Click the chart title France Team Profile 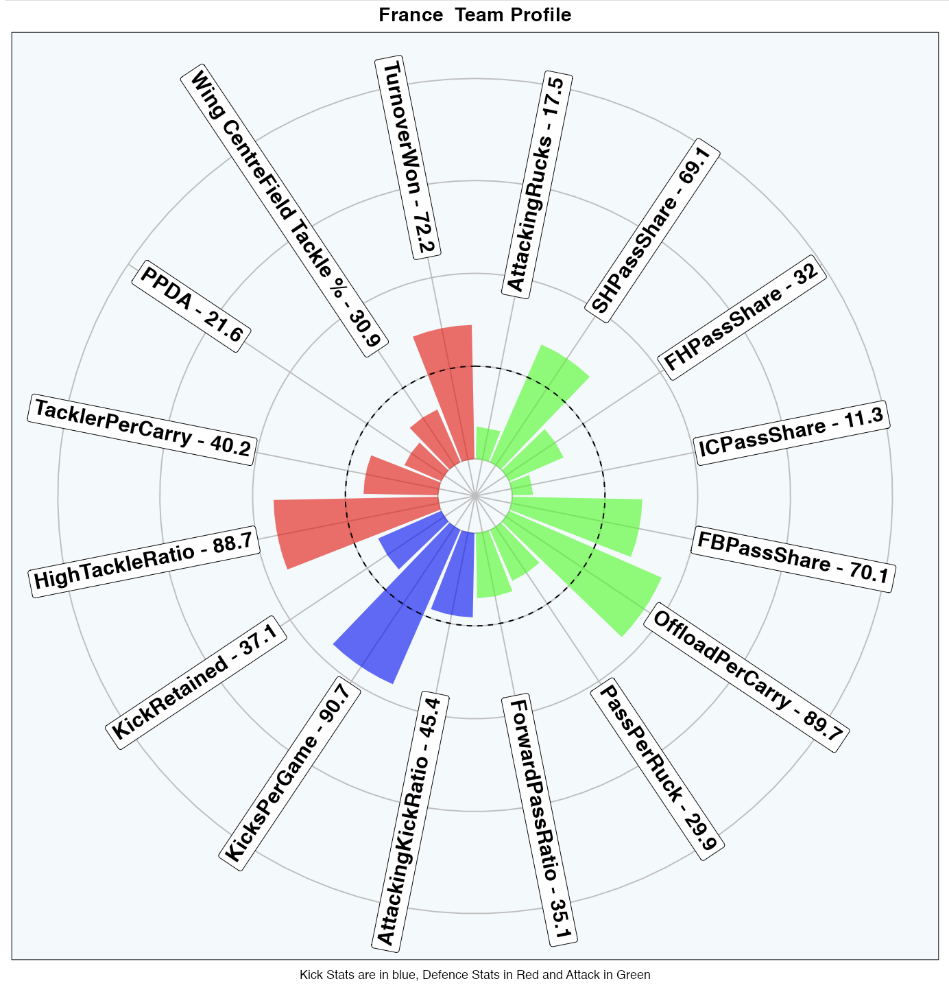pyautogui.click(x=474, y=15)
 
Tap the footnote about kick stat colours pyautogui.click(x=474, y=975)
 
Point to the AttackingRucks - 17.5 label pyautogui.click(x=536, y=184)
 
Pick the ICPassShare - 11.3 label pyautogui.click(x=792, y=433)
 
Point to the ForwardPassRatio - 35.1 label pyautogui.click(x=539, y=820)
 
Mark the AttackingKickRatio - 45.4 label pyautogui.click(x=410, y=820)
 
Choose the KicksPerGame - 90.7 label pyautogui.click(x=291, y=773)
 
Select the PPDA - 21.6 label pyautogui.click(x=191, y=307)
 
